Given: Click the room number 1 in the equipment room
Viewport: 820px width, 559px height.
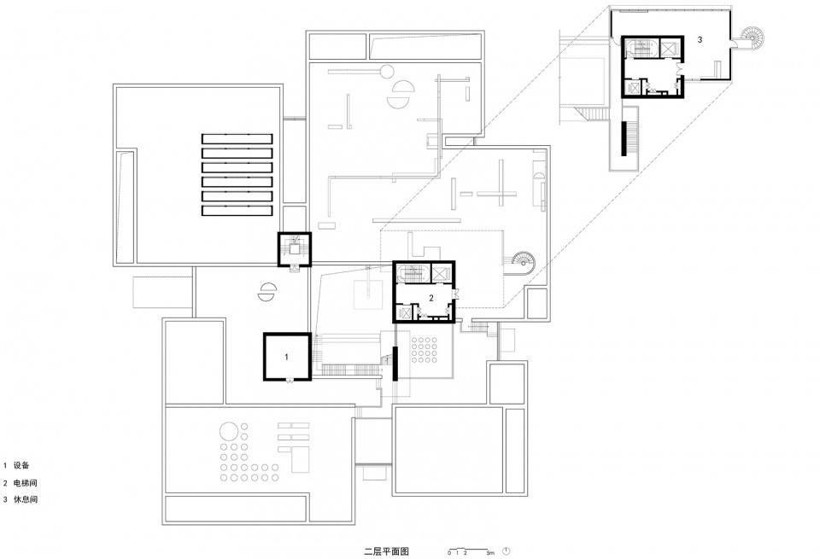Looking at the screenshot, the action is [x=286, y=357].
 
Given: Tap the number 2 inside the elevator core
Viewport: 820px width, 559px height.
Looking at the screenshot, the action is [x=431, y=299].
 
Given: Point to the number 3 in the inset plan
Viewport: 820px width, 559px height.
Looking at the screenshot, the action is [x=700, y=40].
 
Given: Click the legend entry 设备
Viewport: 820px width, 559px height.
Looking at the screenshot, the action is [x=21, y=465].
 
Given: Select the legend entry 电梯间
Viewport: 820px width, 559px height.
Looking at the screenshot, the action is [x=26, y=483].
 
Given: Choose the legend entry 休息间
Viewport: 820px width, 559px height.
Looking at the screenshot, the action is [x=26, y=499].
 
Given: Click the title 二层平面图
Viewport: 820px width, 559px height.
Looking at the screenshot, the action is [x=386, y=550].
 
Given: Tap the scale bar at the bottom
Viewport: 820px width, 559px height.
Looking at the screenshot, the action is [x=471, y=551].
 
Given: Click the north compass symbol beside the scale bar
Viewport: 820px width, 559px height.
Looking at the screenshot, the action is [x=507, y=550].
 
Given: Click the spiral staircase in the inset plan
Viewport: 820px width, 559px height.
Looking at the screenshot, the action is [x=752, y=38].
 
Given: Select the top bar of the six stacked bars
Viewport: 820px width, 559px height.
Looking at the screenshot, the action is [x=237, y=139].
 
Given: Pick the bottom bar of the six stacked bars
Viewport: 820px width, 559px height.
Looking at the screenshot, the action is [x=237, y=211].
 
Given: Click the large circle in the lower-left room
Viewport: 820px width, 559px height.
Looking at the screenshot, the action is [x=228, y=432].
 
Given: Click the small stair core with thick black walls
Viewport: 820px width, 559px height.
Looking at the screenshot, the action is [x=295, y=248].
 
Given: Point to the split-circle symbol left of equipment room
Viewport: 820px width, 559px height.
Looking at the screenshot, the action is [x=266, y=292].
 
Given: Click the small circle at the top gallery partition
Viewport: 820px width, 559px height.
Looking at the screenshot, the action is [x=388, y=70].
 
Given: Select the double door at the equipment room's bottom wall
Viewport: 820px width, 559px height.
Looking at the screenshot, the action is [x=289, y=381].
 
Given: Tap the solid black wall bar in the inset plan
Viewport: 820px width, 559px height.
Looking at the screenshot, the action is [x=624, y=138].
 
